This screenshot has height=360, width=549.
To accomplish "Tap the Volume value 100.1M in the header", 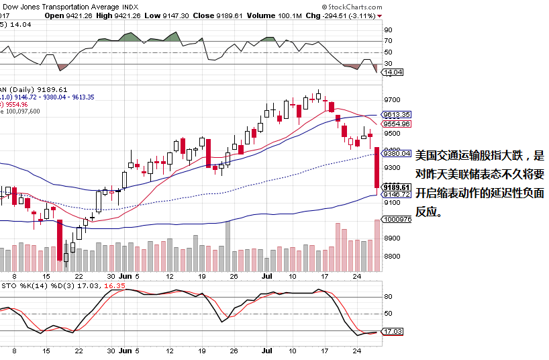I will (x=290, y=15).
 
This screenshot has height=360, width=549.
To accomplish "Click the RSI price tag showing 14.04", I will (x=393, y=72).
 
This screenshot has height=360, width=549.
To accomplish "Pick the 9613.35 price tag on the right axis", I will (x=396, y=115).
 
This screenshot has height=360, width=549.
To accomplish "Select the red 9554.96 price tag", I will (x=396, y=124).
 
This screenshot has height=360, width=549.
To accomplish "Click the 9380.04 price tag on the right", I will (x=396, y=153).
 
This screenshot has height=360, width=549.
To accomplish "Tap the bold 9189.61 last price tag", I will (x=396, y=187).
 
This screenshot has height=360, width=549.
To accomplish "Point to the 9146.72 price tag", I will (x=396, y=194).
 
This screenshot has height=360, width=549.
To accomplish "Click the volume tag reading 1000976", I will (x=396, y=219).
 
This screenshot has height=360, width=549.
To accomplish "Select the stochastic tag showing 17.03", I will (x=393, y=331).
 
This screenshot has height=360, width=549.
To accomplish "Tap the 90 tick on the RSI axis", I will (x=388, y=30).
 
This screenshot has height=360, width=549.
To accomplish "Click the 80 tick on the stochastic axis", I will (x=388, y=296).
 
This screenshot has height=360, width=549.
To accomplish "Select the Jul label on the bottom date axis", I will (x=266, y=351).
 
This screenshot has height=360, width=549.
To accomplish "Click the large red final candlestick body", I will (x=377, y=167).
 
